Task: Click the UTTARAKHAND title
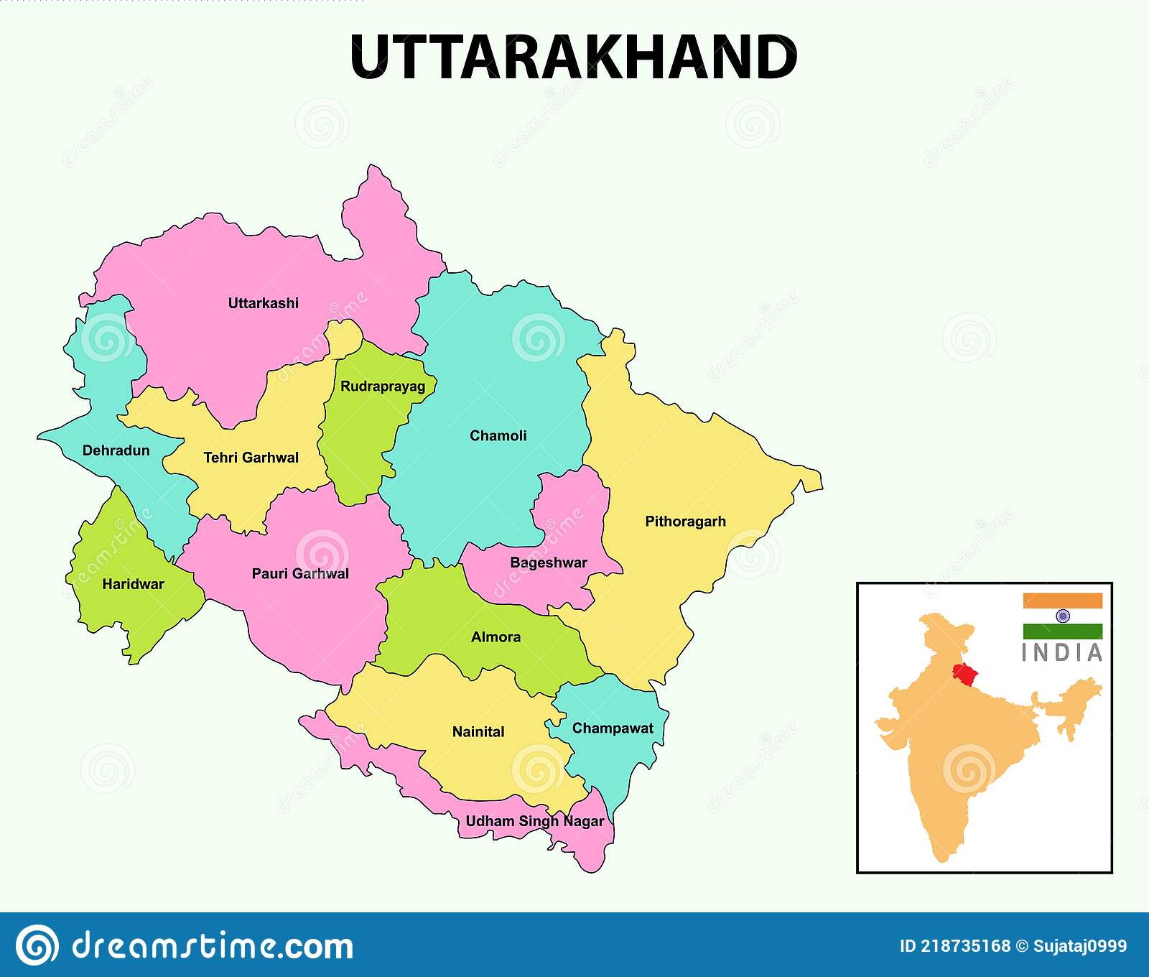(x=573, y=57)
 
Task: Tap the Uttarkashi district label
(x=263, y=303)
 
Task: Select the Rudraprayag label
(x=383, y=386)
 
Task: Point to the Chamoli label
(x=498, y=435)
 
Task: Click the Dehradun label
(x=116, y=450)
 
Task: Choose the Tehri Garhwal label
(x=251, y=458)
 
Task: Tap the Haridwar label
(x=133, y=584)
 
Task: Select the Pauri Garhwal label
(x=300, y=573)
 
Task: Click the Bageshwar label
(x=549, y=562)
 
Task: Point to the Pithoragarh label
(x=685, y=522)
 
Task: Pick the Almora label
(x=496, y=637)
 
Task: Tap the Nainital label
(x=478, y=732)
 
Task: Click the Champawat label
(x=613, y=728)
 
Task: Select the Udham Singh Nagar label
(x=534, y=821)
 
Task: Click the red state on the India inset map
(x=964, y=673)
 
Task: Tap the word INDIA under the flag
(x=1062, y=653)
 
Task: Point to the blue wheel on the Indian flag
(x=1063, y=616)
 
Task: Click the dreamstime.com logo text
(x=213, y=945)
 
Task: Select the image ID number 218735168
(x=965, y=946)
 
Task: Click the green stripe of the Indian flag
(x=1063, y=631)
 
